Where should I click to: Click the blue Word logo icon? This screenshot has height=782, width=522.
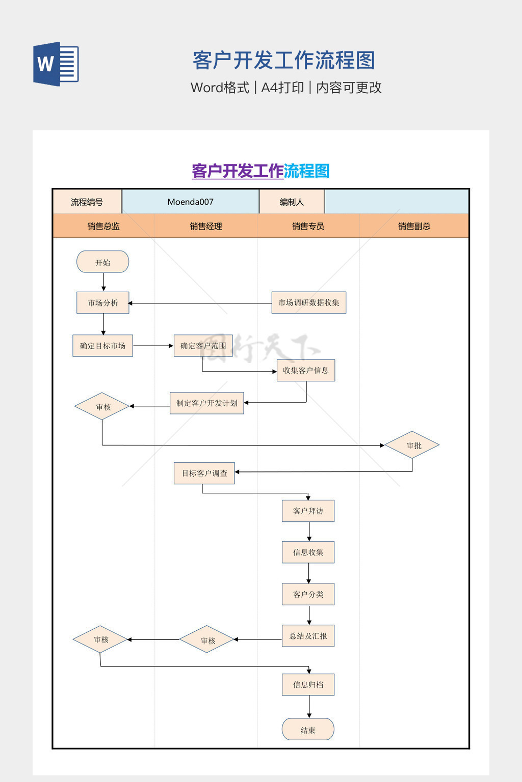click(56, 64)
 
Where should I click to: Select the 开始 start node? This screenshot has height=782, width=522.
click(102, 262)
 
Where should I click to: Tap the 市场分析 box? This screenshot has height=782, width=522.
click(103, 303)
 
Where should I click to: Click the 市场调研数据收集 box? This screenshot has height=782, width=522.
click(309, 303)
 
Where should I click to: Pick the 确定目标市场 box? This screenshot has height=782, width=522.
click(102, 346)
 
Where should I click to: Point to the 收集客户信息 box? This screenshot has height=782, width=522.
click(306, 371)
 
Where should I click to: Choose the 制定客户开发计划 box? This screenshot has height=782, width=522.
click(206, 403)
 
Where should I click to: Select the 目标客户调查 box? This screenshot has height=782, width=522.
click(204, 473)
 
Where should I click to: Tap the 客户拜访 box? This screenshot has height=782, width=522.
click(308, 511)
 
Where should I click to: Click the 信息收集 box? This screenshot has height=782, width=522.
click(308, 552)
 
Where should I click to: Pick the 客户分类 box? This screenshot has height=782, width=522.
click(308, 594)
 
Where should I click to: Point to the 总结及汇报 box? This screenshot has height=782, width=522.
click(308, 636)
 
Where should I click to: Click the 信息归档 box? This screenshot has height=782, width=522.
click(308, 685)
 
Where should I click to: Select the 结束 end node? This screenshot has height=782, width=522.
click(308, 730)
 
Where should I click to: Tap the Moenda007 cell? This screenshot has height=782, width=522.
click(191, 202)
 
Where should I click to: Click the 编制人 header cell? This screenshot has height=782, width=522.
click(292, 202)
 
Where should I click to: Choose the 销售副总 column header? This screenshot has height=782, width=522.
click(414, 227)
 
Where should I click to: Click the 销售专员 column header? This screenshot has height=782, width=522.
click(308, 227)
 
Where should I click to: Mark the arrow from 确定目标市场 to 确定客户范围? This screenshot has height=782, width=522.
click(153, 346)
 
